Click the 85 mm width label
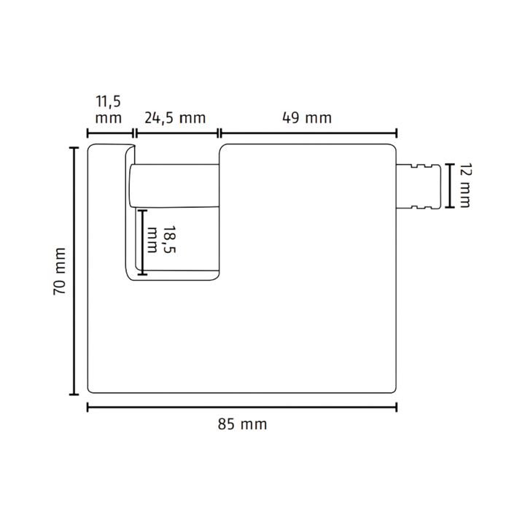tap(242, 424)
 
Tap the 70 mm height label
tap(60, 271)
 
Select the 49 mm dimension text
tap(307, 118)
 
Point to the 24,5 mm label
tap(175, 118)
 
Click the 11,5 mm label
tap(108, 109)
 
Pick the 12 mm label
tap(464, 186)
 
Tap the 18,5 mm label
tap(161, 239)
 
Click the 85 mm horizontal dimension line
tap(242, 408)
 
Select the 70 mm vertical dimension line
tap(74, 271)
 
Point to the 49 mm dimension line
tap(308, 133)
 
